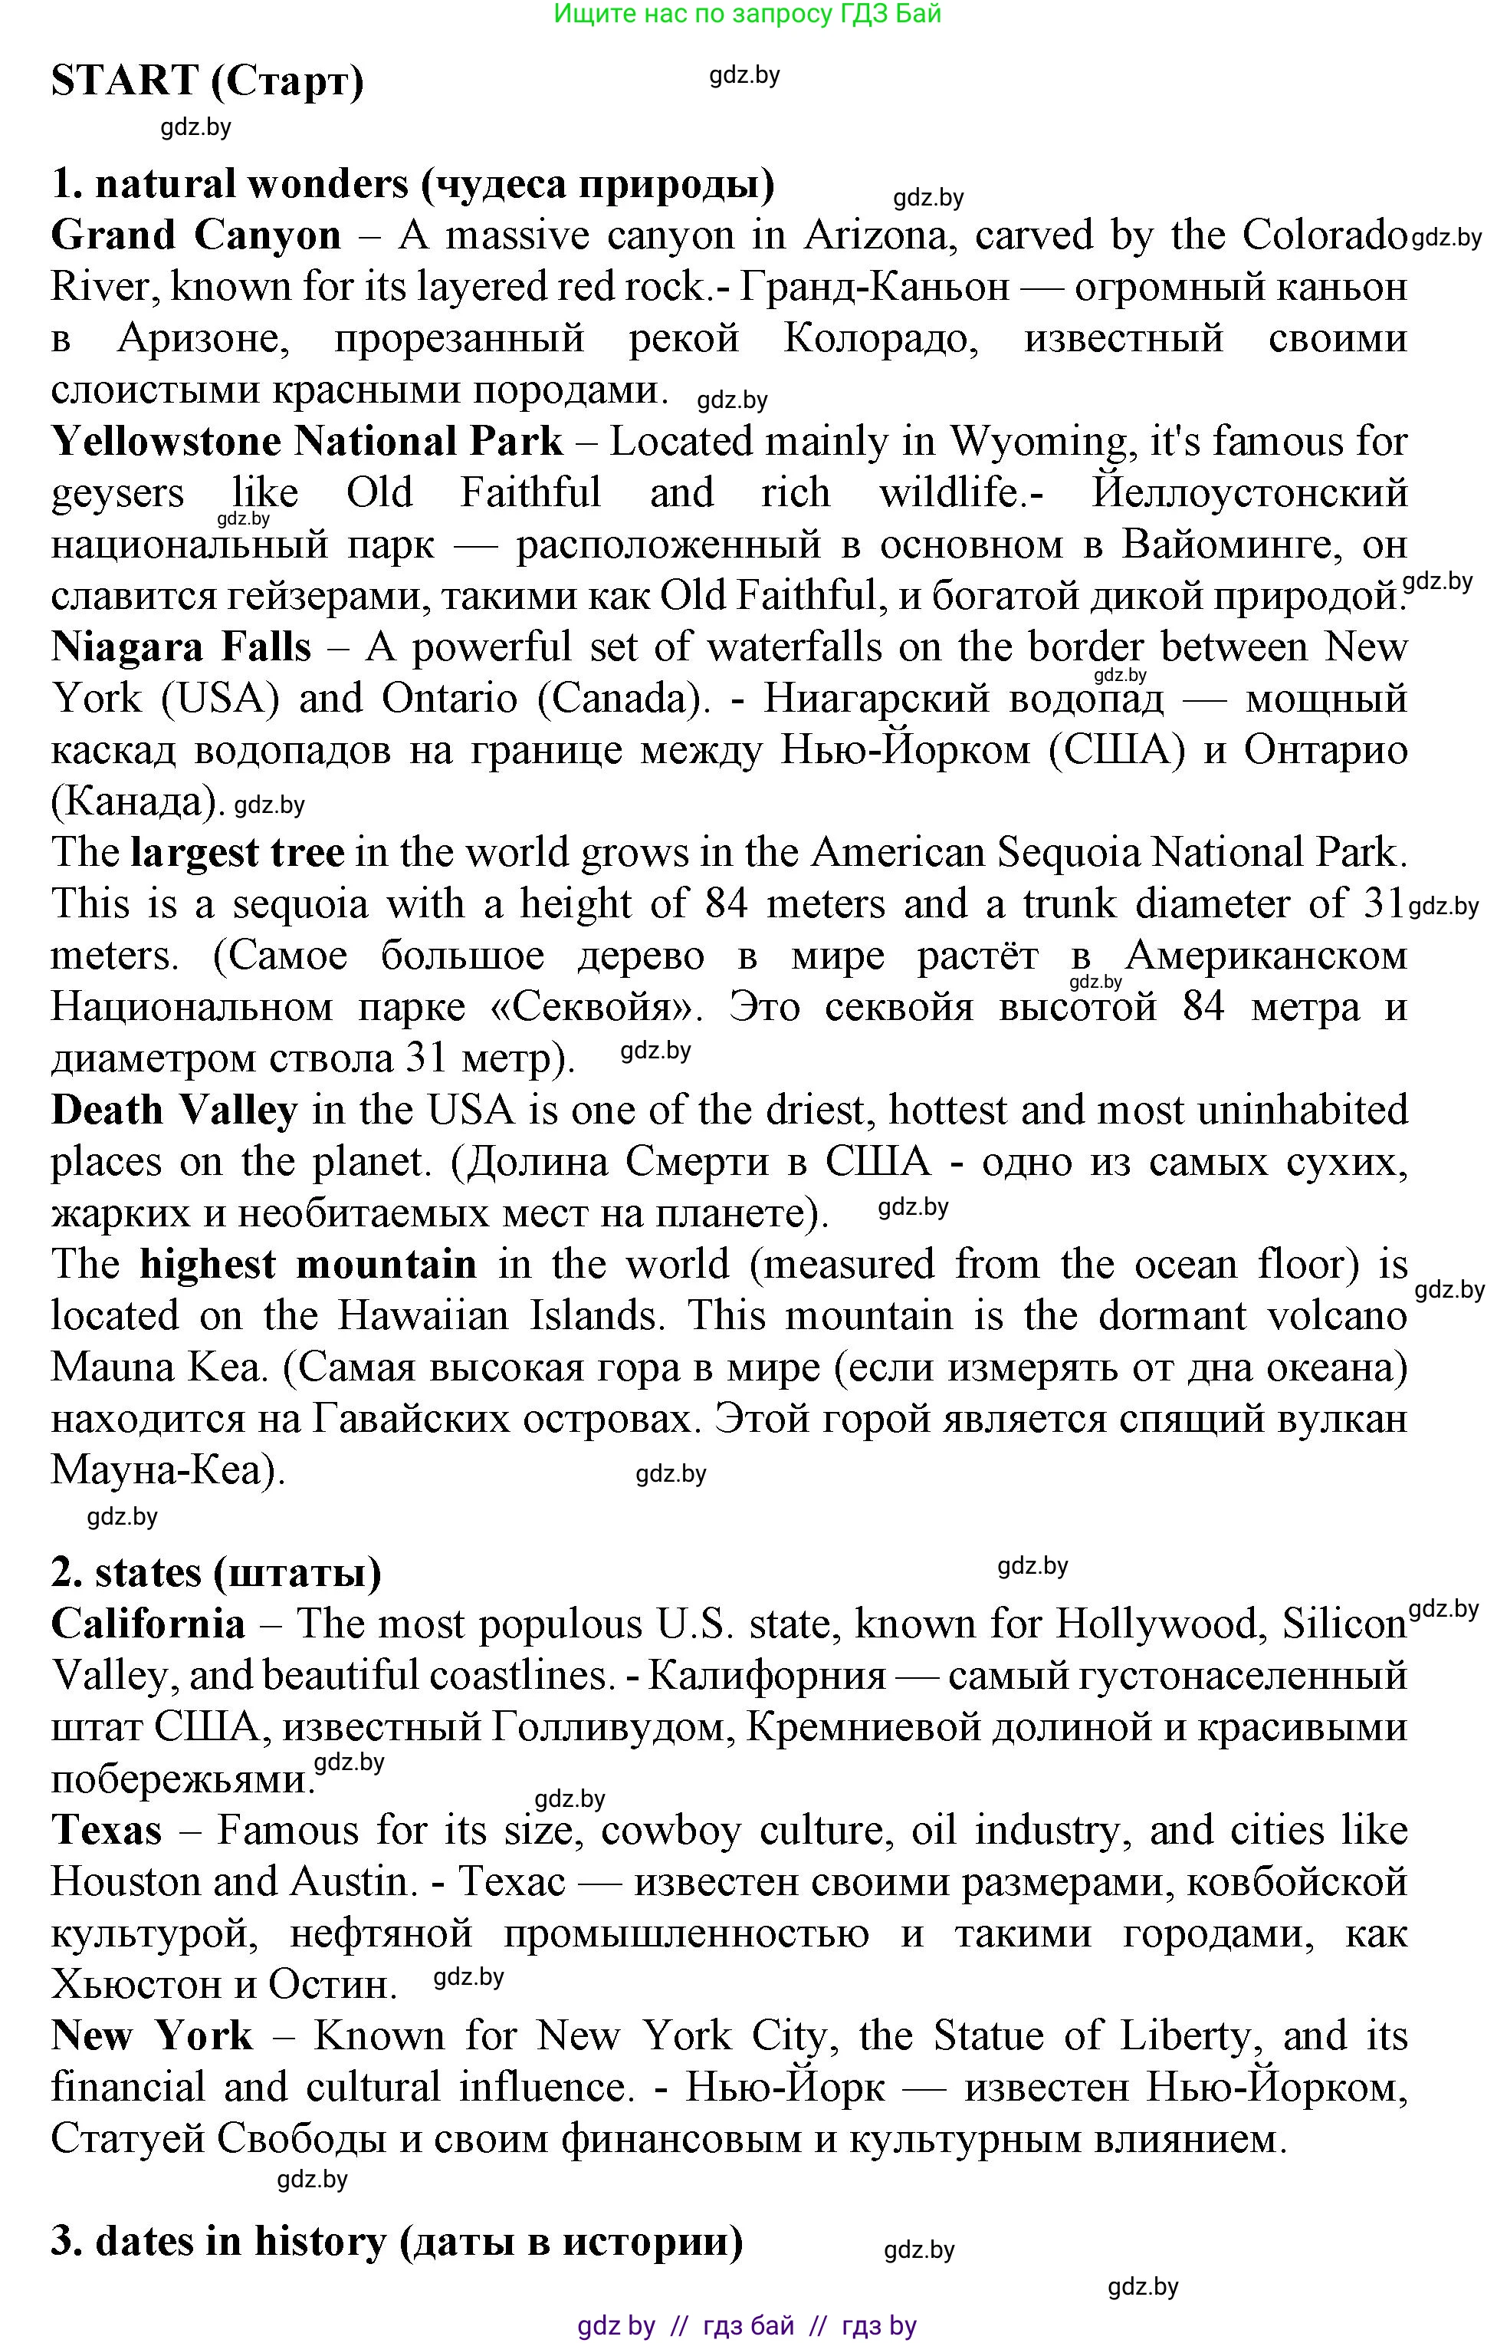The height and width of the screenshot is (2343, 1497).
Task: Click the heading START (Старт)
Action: point(207,80)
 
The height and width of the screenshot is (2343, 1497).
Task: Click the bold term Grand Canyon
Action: point(195,235)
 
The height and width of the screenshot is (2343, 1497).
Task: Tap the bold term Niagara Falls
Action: point(181,647)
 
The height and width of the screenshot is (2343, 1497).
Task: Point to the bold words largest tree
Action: point(238,852)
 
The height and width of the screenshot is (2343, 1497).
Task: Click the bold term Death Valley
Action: point(174,1111)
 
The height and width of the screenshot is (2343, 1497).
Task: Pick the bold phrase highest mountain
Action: point(308,1264)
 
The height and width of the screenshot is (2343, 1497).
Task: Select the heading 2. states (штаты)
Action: point(216,1572)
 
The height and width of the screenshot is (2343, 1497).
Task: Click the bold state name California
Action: point(148,1624)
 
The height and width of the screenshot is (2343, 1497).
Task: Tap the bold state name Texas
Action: point(106,1829)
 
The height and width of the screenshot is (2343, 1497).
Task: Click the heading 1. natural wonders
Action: point(412,184)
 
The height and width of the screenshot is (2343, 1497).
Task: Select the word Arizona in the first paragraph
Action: point(879,235)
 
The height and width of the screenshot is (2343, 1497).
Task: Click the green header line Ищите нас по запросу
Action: point(747,14)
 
